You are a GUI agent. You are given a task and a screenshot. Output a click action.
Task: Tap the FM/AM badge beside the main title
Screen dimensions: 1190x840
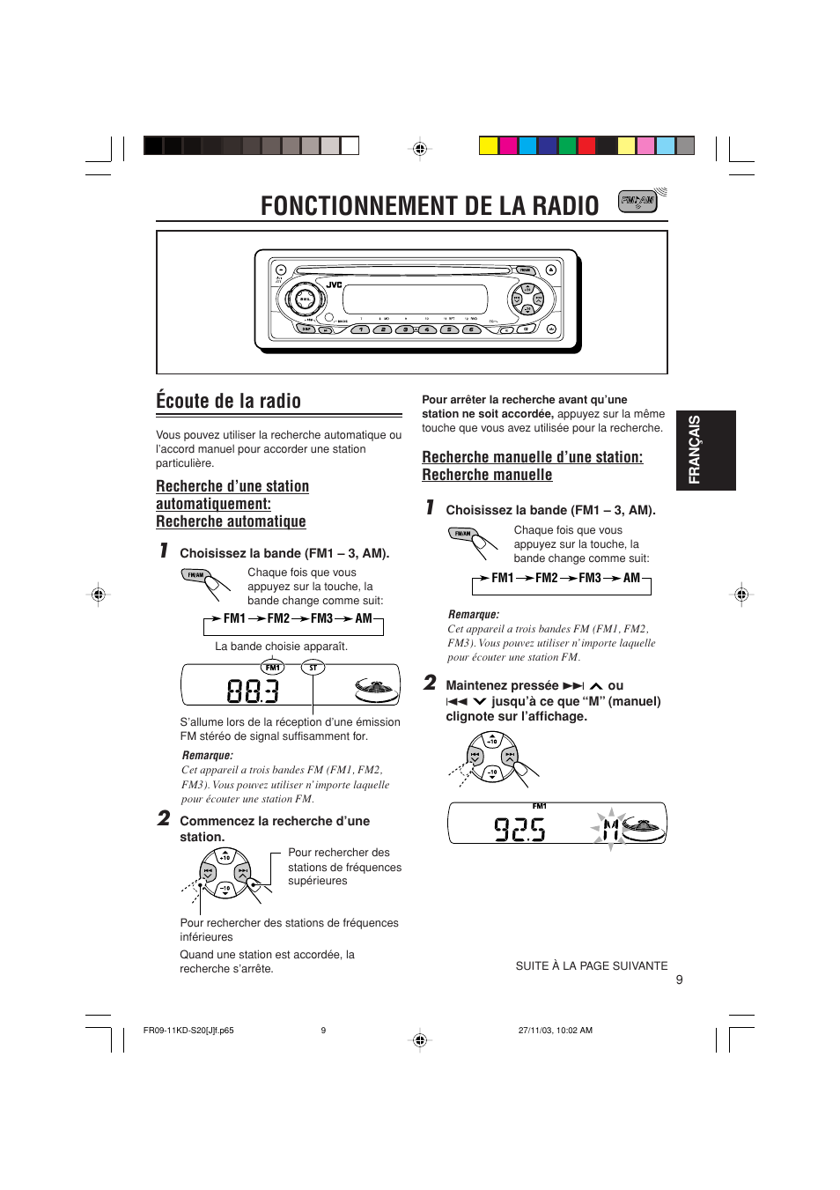[637, 201]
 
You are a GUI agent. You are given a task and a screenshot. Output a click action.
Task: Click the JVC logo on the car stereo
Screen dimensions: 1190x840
[335, 285]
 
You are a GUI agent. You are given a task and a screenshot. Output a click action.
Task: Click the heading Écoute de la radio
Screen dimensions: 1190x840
[229, 402]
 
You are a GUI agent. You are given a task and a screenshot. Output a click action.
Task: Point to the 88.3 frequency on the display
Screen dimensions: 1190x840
[253, 691]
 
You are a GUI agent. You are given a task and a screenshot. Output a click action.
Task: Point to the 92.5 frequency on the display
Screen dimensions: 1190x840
[519, 829]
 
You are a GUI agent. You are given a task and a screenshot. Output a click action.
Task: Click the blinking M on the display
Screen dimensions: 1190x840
[610, 829]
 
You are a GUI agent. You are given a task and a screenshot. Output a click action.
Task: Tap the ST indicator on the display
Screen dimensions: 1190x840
[313, 668]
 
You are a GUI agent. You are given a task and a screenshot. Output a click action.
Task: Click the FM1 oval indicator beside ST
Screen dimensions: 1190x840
[273, 668]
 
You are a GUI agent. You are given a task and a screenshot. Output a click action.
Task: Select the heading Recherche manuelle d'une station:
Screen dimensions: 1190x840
[532, 457]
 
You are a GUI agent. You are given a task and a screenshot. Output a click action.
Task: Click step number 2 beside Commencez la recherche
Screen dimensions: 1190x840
[164, 818]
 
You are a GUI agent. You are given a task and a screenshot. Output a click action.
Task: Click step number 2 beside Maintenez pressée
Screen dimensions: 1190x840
[430, 683]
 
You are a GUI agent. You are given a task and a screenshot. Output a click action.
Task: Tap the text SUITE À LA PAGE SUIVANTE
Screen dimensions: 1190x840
[591, 966]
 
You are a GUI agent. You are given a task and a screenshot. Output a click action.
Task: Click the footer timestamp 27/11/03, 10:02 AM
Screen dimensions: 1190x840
[555, 1031]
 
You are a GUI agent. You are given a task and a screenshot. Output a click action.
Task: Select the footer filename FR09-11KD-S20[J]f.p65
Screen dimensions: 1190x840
[188, 1031]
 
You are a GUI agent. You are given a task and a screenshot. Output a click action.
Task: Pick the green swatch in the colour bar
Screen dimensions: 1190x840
[567, 146]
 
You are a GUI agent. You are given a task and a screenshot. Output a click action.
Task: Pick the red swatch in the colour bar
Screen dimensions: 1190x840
[586, 146]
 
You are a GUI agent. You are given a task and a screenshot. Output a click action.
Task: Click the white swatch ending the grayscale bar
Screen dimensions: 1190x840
[350, 146]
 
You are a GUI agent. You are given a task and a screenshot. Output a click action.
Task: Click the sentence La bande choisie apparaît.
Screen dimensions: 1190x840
[281, 647]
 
